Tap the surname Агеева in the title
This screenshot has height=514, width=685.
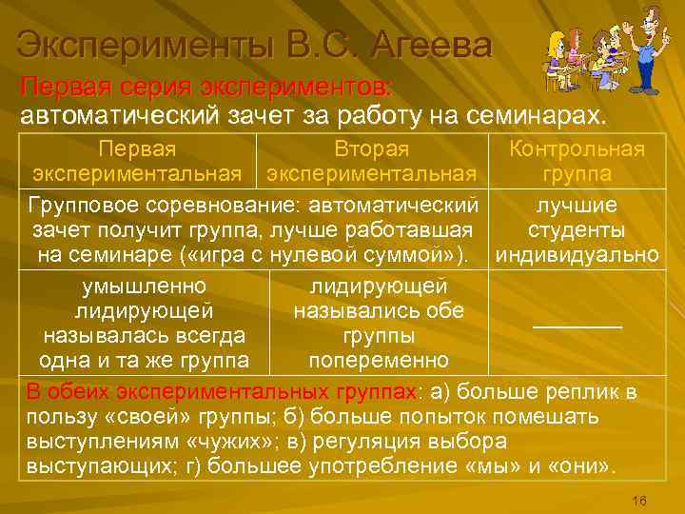tap(432, 46)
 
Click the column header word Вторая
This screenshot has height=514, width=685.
tap(371, 149)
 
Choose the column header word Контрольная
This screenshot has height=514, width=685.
tap(577, 149)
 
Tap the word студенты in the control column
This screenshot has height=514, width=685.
tap(577, 230)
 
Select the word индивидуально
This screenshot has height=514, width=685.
tap(577, 255)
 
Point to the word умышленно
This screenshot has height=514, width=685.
tap(144, 287)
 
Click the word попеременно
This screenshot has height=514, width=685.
tap(379, 361)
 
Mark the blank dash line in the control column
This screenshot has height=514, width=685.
tap(577, 326)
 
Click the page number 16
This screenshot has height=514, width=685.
tap(639, 501)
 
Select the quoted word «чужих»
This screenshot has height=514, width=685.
tap(227, 443)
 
